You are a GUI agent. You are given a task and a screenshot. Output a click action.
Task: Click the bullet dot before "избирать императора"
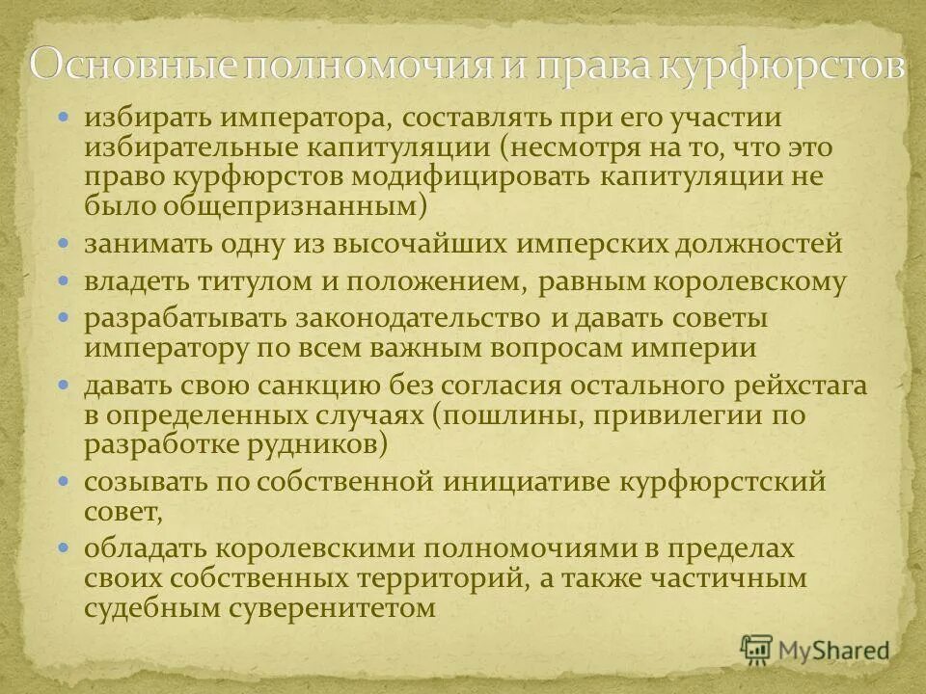(x=65, y=118)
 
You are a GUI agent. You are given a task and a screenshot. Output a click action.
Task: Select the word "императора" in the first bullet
(x=304, y=120)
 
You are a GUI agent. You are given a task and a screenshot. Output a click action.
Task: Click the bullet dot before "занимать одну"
(x=65, y=244)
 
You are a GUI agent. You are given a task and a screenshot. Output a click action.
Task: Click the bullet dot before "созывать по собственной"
(x=65, y=480)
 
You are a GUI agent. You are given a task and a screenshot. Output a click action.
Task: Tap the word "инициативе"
(x=534, y=482)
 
